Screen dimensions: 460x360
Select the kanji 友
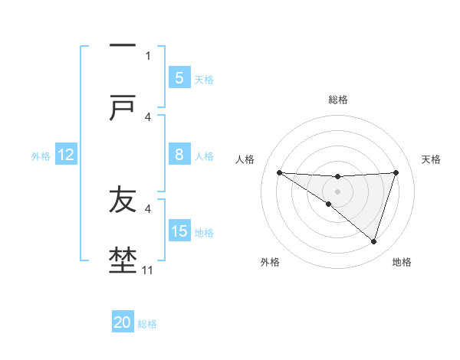click(x=123, y=199)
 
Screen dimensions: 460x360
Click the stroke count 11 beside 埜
click(x=148, y=270)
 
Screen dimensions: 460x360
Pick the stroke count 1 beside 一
click(x=148, y=55)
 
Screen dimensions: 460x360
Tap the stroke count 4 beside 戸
click(x=148, y=116)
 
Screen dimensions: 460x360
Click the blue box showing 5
click(x=179, y=77)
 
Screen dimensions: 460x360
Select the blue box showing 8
click(x=179, y=155)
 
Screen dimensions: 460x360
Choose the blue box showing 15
click(x=179, y=231)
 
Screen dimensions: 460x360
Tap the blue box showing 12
click(x=66, y=155)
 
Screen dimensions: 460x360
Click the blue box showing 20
click(x=123, y=322)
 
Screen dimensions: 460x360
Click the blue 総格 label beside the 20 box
click(x=148, y=324)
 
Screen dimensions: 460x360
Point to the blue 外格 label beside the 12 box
click(x=41, y=156)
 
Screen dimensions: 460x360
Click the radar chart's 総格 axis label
click(x=338, y=100)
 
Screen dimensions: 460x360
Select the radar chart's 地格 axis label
click(x=402, y=262)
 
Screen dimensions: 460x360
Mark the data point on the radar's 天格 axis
click(x=396, y=172)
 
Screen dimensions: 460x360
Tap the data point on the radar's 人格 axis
click(x=279, y=172)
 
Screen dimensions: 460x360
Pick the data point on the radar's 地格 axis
click(x=373, y=242)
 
